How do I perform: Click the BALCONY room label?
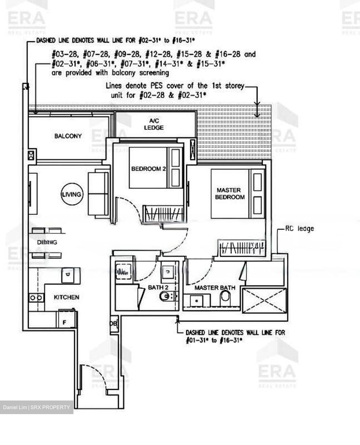[68, 136]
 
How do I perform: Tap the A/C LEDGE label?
[154, 124]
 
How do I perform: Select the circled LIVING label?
[72, 194]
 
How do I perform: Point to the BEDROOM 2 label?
[149, 169]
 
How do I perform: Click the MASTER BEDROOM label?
[229, 193]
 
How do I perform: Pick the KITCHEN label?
[66, 297]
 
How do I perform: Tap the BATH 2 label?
[158, 287]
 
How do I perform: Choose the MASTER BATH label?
[215, 288]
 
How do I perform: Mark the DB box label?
[114, 324]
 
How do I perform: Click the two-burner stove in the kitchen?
[36, 298]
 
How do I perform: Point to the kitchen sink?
[68, 275]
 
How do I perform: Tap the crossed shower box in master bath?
[265, 301]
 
